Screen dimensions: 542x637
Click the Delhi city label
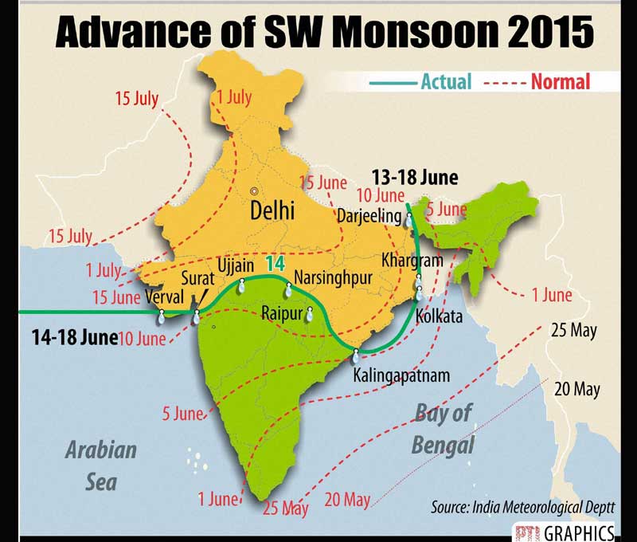click(x=272, y=211)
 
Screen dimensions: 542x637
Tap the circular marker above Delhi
click(x=254, y=191)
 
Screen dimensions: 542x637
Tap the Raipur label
click(x=282, y=313)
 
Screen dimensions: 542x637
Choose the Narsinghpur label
click(x=330, y=277)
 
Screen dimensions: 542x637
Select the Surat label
click(x=198, y=279)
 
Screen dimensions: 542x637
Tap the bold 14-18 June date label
click(x=74, y=336)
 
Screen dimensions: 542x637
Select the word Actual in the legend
click(x=446, y=81)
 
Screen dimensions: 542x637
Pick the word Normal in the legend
click(x=561, y=81)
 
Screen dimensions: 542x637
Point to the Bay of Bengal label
click(x=443, y=428)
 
